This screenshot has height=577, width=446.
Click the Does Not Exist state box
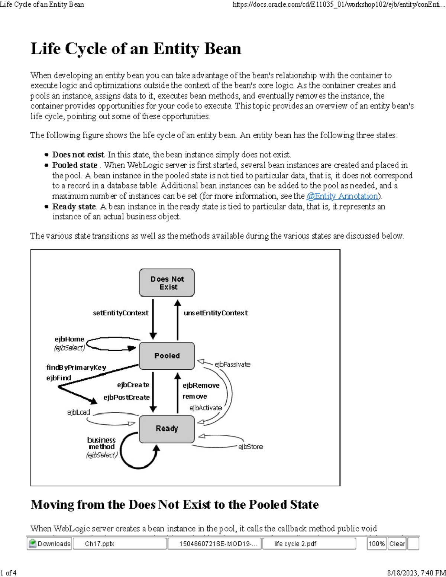coord(167,283)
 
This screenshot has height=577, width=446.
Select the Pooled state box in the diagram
coord(167,356)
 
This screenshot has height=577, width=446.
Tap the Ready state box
coord(167,429)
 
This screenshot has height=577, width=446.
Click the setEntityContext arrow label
coord(120,313)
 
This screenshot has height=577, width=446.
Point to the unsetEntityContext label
coord(216,313)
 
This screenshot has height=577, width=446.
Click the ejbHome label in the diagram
coord(70,339)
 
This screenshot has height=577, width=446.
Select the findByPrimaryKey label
coord(76,367)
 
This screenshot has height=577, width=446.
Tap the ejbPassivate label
coord(232,364)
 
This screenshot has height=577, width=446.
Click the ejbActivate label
coord(206,408)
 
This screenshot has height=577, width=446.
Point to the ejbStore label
coord(251,447)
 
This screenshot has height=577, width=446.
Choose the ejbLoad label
coord(78,412)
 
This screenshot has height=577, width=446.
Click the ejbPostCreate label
coord(126,397)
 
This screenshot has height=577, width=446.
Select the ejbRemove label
coord(201,386)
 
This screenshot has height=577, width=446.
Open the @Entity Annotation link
coord(342,196)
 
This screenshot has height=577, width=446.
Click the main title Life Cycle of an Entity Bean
coord(136,49)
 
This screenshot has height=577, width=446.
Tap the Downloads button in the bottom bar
coord(49,544)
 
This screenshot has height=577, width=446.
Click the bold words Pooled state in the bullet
coord(75,165)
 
